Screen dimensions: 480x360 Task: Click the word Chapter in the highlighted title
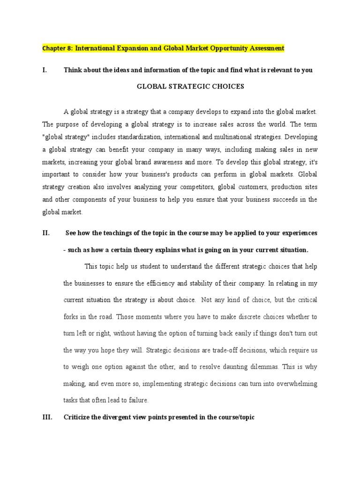pyautogui.click(x=53, y=48)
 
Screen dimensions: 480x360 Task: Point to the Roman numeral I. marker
pyautogui.click(x=45, y=70)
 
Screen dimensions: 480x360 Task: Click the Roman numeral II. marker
pyautogui.click(x=46, y=233)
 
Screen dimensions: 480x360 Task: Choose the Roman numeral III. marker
pyautogui.click(x=48, y=417)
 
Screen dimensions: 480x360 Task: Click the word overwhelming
pyautogui.click(x=291, y=383)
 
